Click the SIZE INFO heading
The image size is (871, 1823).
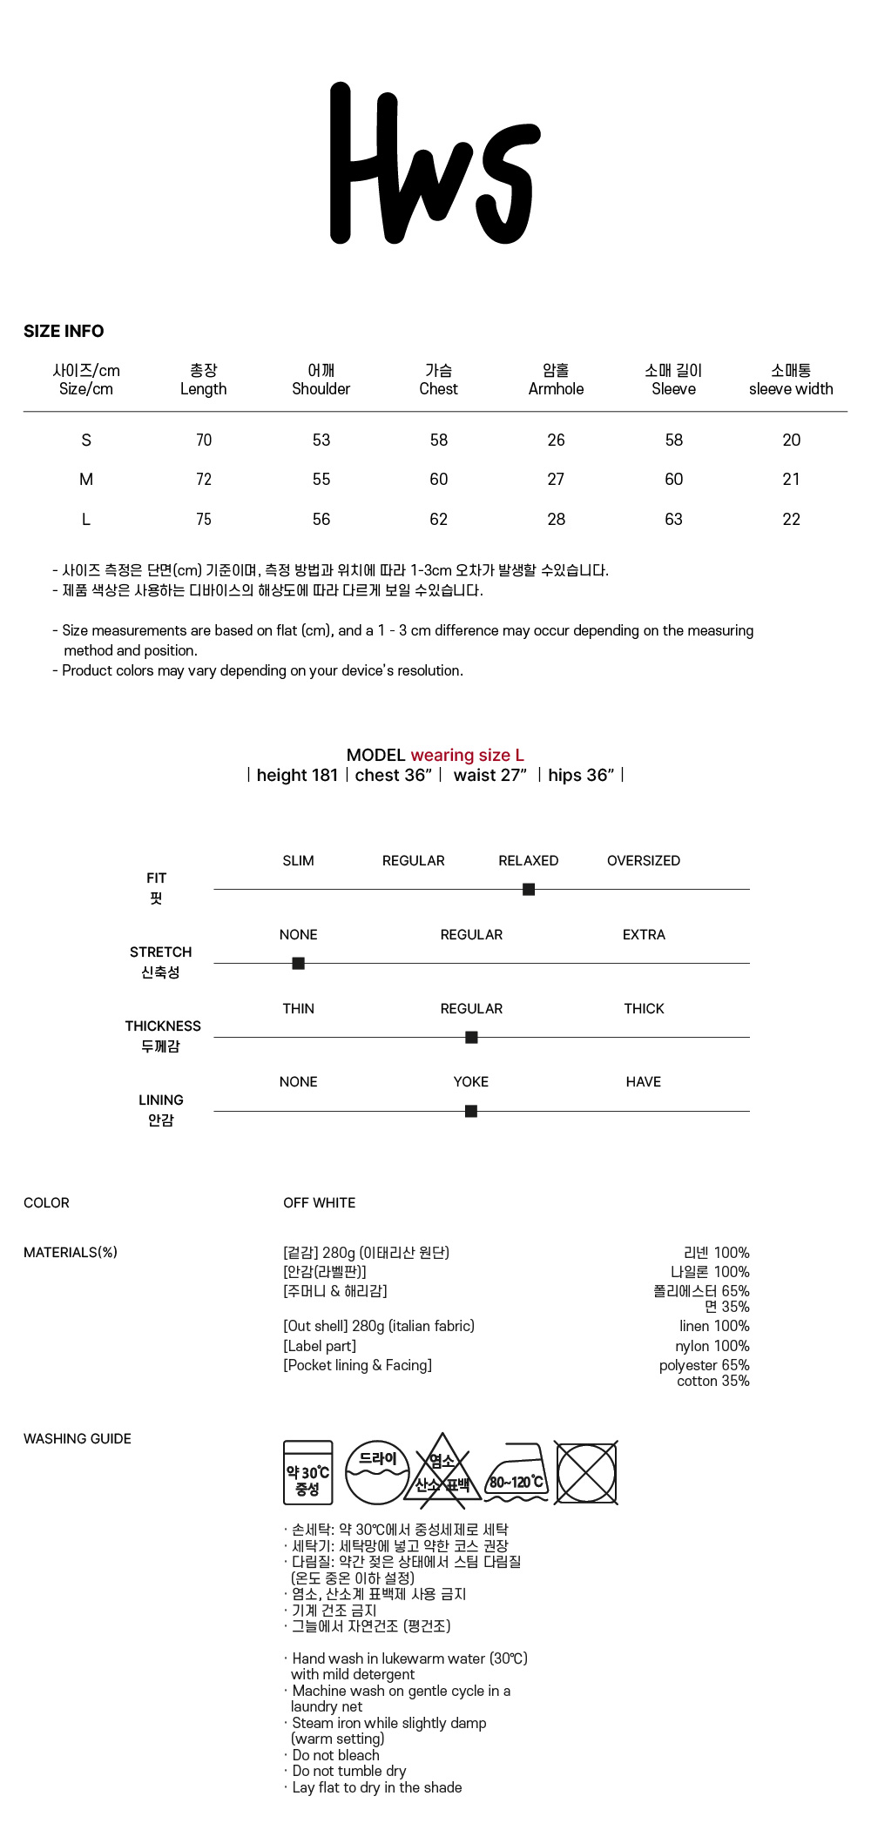(64, 332)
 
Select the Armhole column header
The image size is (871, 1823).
(556, 380)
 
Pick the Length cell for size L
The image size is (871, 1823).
(204, 520)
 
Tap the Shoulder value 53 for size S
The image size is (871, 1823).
(321, 441)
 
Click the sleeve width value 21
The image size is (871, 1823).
(791, 480)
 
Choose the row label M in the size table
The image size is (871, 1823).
(86, 480)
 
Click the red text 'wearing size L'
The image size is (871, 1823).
(467, 755)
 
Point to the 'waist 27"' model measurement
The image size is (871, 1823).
(490, 775)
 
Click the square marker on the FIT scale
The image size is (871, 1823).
(529, 889)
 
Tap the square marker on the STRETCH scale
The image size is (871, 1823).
(298, 963)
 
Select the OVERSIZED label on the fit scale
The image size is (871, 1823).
(644, 861)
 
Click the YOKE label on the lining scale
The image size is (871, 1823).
(470, 1082)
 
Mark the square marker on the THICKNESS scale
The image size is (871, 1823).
(471, 1037)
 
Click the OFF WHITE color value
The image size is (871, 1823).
(319, 1203)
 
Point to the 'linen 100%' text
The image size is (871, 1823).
(714, 1326)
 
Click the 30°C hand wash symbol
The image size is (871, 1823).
(308, 1472)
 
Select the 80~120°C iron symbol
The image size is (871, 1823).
(517, 1474)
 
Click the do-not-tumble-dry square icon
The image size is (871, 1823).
(586, 1473)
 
